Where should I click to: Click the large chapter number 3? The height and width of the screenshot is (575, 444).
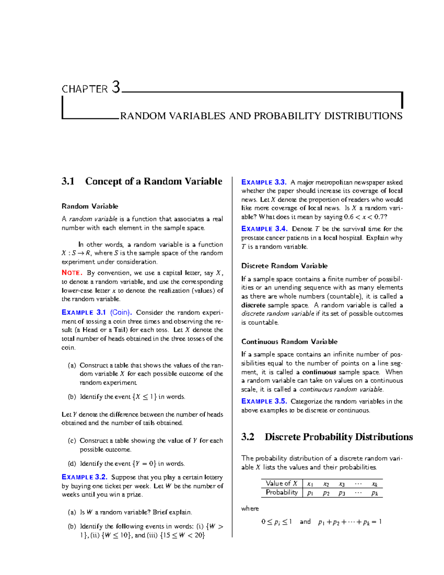coord(116,87)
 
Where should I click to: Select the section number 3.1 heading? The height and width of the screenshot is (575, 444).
coord(68,181)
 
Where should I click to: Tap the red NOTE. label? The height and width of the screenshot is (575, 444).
coord(72,273)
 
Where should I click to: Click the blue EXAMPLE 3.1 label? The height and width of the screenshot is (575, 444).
coord(84,312)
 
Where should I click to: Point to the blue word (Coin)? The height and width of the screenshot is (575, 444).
coord(121,312)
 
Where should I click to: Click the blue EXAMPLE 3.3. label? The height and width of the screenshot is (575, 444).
coord(264,182)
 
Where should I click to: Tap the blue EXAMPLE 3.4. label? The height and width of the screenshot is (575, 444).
coord(264,229)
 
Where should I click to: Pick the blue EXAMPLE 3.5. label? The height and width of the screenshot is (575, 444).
coord(264,401)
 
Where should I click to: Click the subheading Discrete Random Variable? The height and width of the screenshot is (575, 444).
coord(284,266)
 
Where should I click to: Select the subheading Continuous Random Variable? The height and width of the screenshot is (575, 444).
coord(289,341)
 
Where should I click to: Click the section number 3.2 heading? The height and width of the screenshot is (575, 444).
coord(248,437)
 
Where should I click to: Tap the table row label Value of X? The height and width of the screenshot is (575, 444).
coord(281,484)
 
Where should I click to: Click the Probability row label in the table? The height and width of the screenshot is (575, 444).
coord(282,492)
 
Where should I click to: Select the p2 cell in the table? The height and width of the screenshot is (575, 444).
coord(326,493)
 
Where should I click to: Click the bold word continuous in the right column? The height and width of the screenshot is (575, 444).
coord(319,372)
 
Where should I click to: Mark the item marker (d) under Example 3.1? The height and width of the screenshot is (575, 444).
coord(72,464)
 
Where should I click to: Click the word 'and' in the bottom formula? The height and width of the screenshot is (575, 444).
coord(305,522)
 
